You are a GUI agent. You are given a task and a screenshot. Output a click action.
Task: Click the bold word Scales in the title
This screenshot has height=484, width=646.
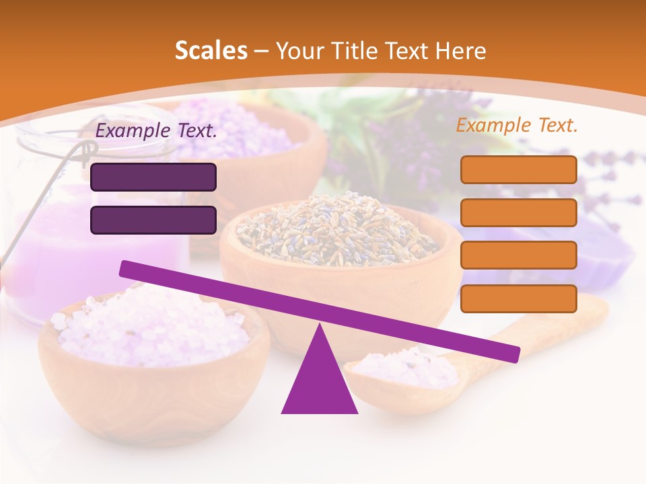click(x=211, y=51)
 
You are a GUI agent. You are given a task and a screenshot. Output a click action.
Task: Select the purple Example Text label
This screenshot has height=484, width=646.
click(x=157, y=131)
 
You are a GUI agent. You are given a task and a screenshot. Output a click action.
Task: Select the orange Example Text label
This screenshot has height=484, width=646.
click(x=517, y=126)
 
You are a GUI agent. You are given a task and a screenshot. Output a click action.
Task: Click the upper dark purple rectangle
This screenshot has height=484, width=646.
click(x=153, y=177)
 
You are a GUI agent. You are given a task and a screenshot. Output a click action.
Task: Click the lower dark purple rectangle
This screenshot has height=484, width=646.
click(x=153, y=220)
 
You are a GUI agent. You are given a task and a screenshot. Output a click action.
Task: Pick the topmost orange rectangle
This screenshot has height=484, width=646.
click(x=519, y=169)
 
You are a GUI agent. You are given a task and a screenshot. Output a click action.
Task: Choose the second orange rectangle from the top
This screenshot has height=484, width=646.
click(x=519, y=212)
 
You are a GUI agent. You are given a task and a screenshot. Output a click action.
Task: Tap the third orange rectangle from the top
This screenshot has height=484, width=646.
click(x=519, y=255)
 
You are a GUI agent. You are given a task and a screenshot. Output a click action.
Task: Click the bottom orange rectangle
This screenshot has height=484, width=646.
click(x=519, y=298)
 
